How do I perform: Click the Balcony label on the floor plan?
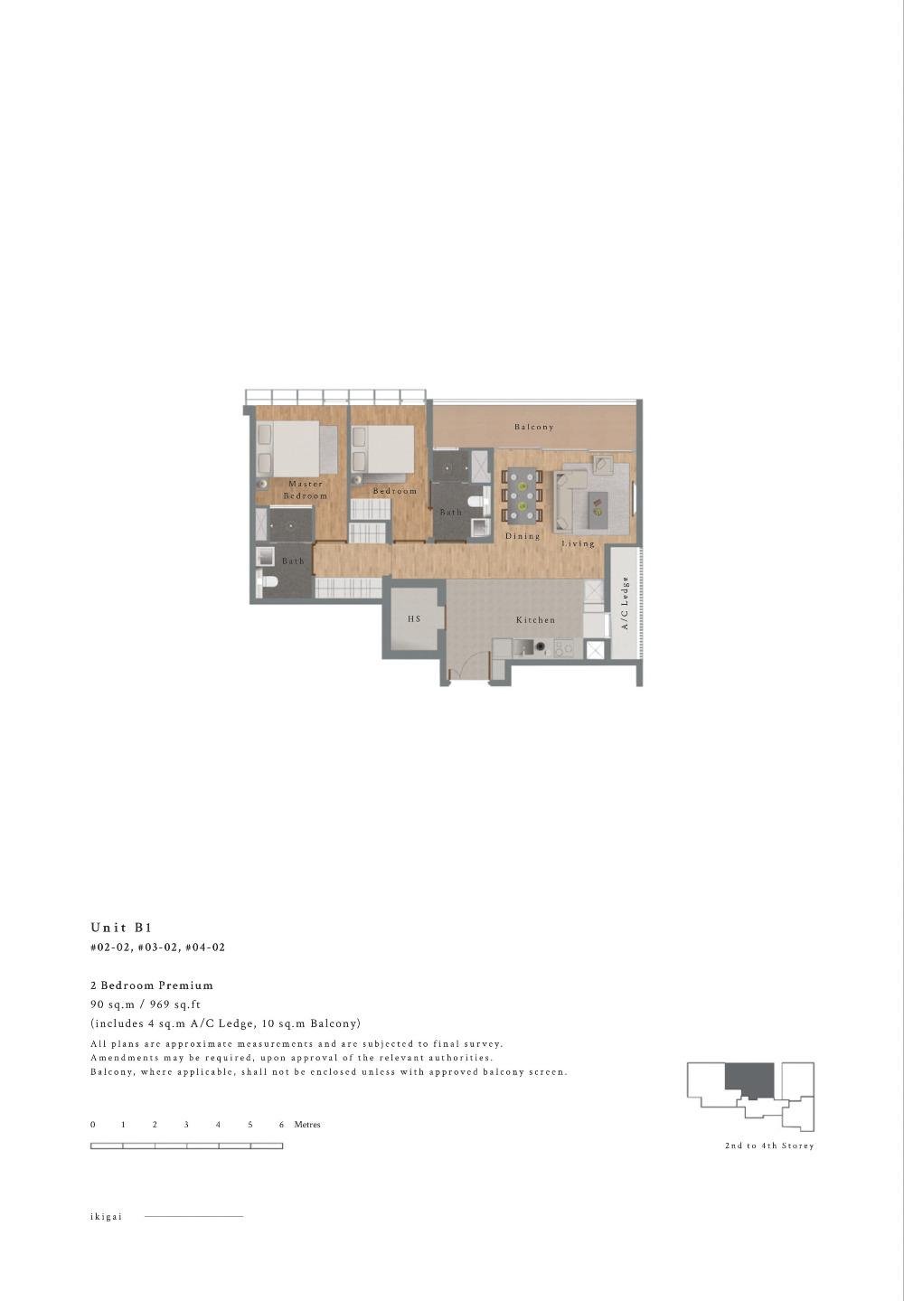[533, 427]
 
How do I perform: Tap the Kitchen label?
[535, 620]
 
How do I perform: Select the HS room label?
[414, 619]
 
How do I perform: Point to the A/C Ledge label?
[625, 603]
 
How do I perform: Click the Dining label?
[523, 536]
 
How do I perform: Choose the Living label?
[579, 543]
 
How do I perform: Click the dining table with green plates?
[523, 496]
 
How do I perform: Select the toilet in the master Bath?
[265, 583]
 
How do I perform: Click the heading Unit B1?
[121, 928]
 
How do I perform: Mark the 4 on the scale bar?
[218, 1125]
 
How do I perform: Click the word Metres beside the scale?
[307, 1125]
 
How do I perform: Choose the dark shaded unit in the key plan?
[749, 1079]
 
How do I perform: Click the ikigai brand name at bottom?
[106, 1217]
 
